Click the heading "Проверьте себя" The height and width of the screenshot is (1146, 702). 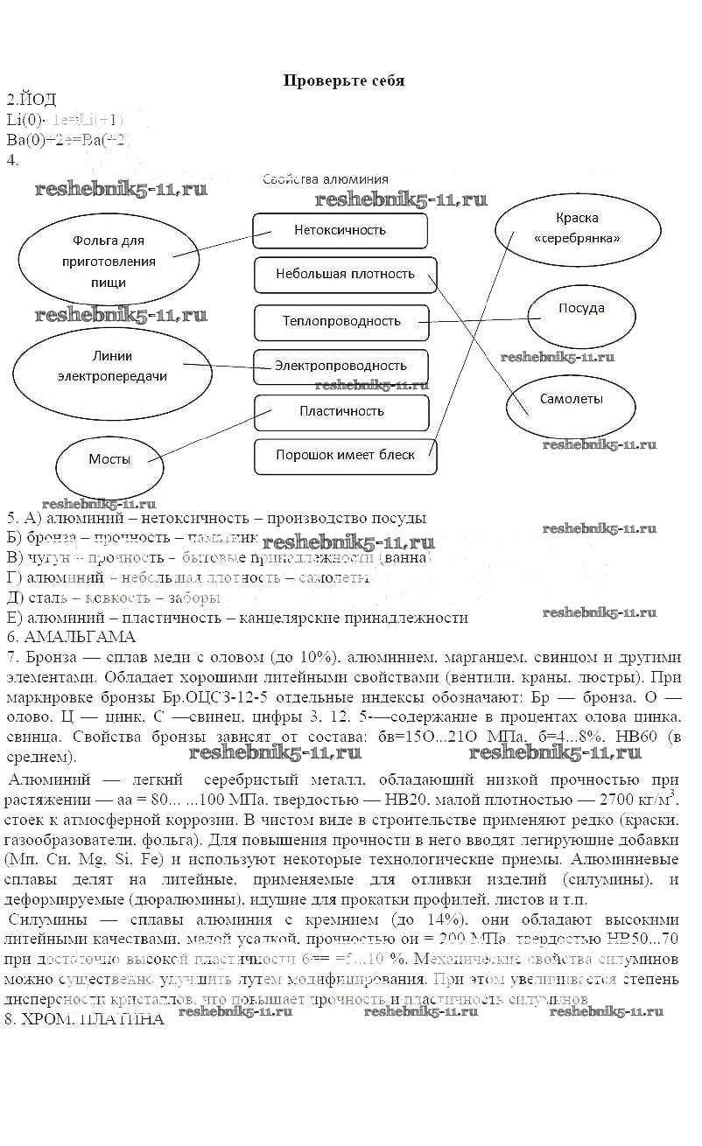pyautogui.click(x=343, y=80)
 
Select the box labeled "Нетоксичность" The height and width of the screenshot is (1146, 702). pyautogui.click(x=340, y=231)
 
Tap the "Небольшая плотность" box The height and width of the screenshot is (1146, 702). pyautogui.click(x=345, y=274)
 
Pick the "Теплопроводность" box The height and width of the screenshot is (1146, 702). pyautogui.click(x=341, y=321)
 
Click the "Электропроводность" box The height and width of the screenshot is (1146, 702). pyautogui.click(x=340, y=366)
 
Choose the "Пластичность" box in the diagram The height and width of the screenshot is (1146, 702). pyautogui.click(x=341, y=411)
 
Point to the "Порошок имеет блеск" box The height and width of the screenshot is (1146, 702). pyautogui.click(x=345, y=455)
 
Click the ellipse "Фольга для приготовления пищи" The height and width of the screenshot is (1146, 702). pyautogui.click(x=108, y=262)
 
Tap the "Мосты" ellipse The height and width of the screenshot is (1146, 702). pyautogui.click(x=110, y=460)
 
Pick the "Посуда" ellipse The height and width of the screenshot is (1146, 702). pyautogui.click(x=581, y=309)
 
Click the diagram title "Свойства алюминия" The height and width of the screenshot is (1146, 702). pyautogui.click(x=326, y=179)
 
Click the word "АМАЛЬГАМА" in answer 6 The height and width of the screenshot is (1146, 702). pyautogui.click(x=77, y=636)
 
